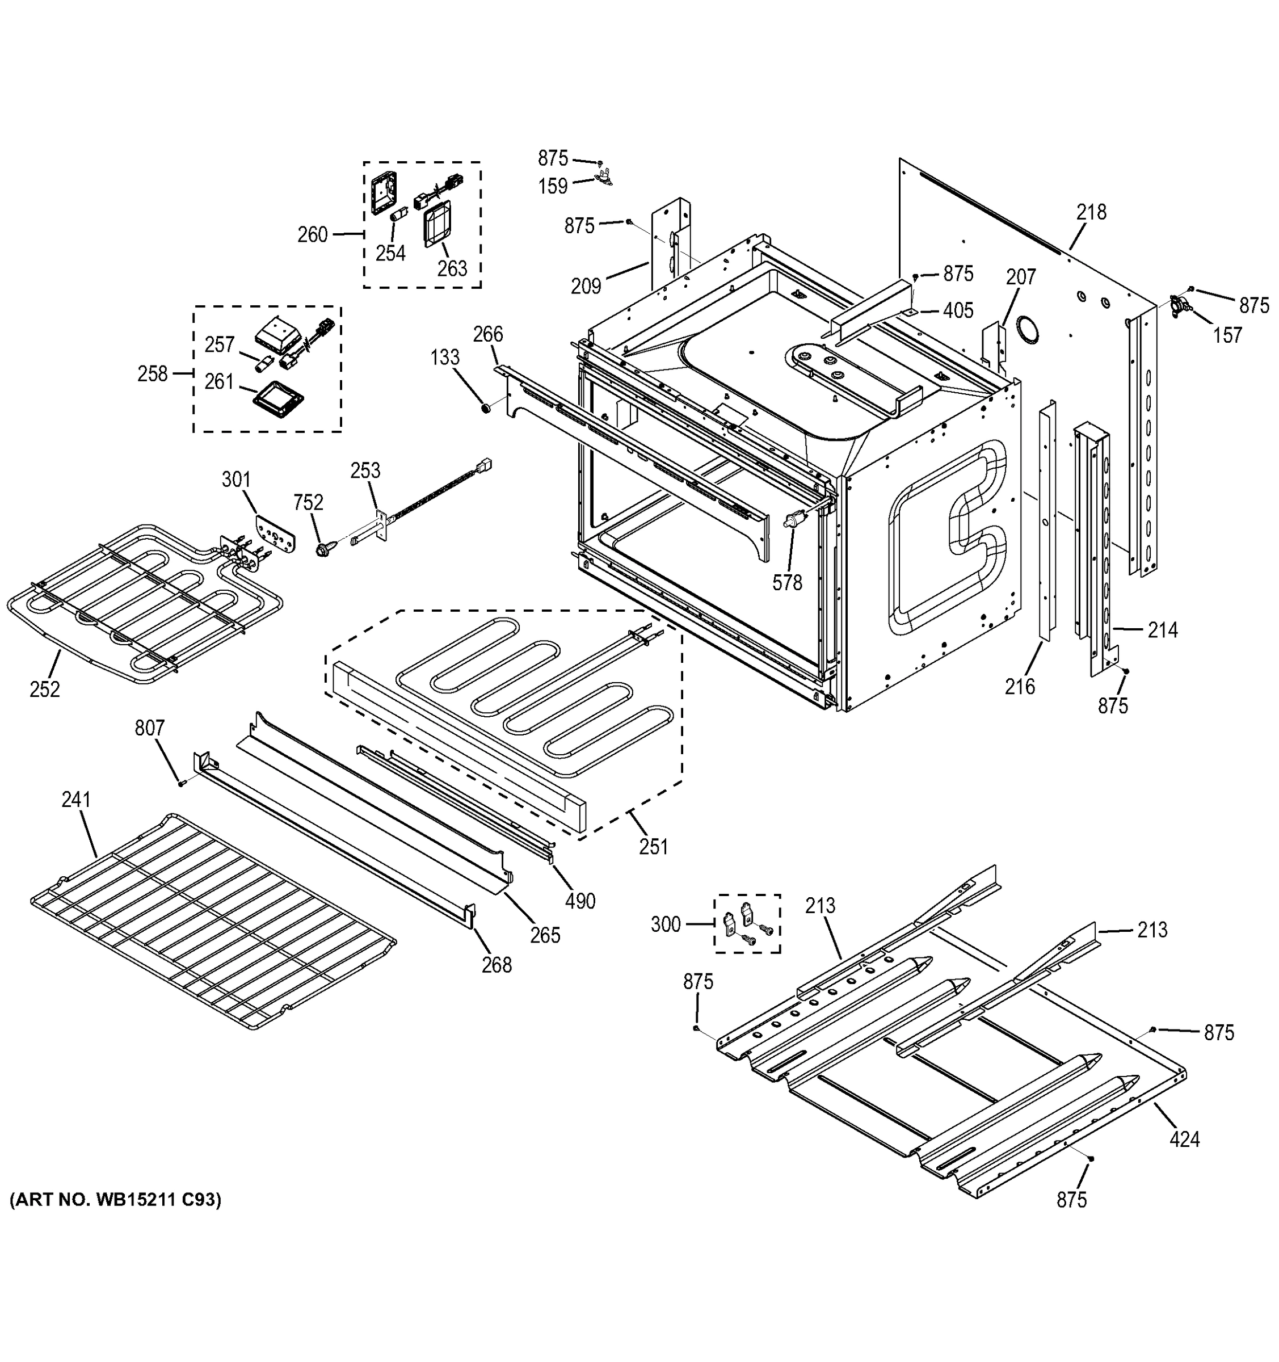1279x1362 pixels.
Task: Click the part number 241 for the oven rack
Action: point(75,800)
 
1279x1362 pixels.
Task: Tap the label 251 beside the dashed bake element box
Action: point(653,847)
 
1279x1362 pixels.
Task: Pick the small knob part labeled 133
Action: point(486,409)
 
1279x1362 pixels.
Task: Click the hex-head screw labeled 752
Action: point(324,548)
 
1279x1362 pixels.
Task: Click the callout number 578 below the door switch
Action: point(786,582)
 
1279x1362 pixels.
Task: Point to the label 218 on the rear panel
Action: point(1091,212)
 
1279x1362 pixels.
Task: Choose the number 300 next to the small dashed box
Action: point(665,924)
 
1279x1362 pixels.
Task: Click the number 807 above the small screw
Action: point(149,728)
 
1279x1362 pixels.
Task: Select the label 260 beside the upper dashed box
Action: point(313,235)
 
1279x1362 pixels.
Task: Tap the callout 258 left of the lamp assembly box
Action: point(152,373)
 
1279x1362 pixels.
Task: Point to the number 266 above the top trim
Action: point(488,334)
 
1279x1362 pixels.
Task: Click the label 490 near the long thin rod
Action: point(579,902)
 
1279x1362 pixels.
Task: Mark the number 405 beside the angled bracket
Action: point(958,311)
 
